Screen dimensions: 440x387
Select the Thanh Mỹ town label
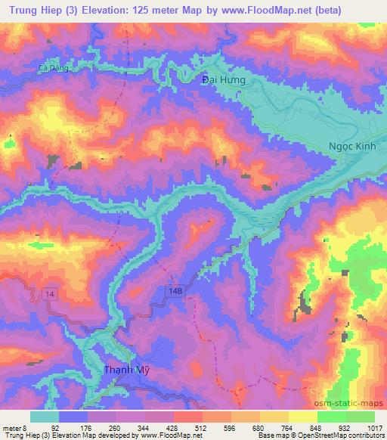(125, 370)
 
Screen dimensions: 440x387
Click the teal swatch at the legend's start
(45, 416)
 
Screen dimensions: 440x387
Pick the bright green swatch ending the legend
(360, 416)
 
